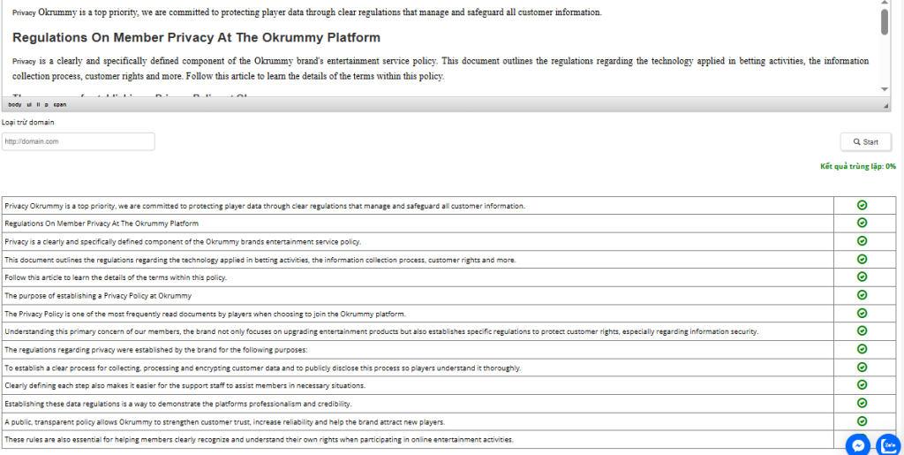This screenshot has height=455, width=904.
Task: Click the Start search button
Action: coord(865,141)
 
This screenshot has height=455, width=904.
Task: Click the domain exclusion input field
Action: coord(79,141)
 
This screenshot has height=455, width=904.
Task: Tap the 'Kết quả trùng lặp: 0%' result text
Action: coord(857,166)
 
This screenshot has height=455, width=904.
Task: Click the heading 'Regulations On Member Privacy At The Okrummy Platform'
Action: coord(196,38)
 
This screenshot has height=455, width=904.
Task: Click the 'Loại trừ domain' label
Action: coord(28,122)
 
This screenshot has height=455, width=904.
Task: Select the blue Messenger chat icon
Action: coord(857,444)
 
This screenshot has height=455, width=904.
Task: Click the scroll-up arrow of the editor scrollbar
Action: coord(885,4)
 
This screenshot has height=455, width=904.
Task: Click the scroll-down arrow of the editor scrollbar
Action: coord(885,89)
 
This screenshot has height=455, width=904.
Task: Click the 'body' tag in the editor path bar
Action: coord(15,104)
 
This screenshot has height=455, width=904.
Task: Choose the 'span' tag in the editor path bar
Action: coord(59,104)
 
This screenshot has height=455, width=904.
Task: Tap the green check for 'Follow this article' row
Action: coord(862,277)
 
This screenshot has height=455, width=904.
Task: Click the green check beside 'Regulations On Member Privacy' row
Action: coord(862,223)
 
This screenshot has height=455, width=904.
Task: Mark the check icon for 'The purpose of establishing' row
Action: coord(862,295)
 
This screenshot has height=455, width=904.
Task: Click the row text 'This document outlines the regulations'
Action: coord(260,260)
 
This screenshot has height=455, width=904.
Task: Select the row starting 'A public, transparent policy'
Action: coord(224,421)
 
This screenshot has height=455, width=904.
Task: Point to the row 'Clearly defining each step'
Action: coord(185,385)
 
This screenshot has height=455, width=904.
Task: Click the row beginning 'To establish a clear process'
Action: coord(262,368)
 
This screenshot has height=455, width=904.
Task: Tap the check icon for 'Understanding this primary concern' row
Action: coord(862,331)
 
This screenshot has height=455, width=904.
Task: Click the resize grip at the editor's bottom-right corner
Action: coord(886,106)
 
